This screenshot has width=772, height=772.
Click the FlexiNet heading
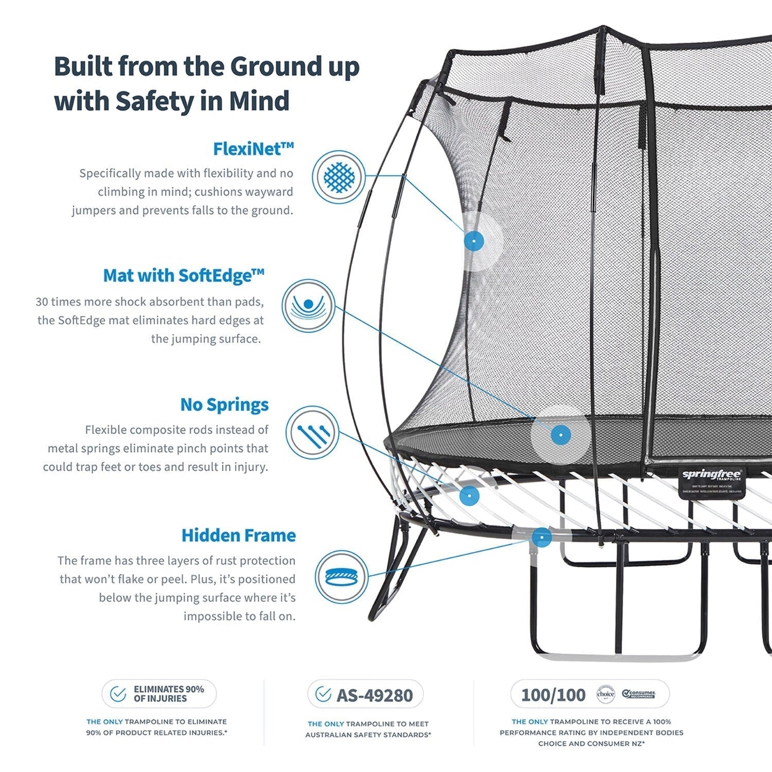tap(253, 149)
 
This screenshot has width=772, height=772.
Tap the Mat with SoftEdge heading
tap(183, 276)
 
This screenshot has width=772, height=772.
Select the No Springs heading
tap(224, 404)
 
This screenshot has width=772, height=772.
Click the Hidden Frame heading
tap(238, 535)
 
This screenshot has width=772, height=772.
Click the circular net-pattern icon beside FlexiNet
tap(339, 177)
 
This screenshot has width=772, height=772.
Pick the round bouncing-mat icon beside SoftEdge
tap(308, 306)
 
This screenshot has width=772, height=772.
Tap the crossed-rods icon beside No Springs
tap(311, 433)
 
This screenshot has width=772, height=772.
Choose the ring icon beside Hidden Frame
tap(341, 577)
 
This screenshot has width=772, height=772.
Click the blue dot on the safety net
tap(474, 241)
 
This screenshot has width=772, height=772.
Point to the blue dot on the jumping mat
tap(560, 435)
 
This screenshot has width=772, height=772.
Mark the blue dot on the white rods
tap(469, 496)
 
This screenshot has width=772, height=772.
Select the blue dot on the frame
tap(542, 537)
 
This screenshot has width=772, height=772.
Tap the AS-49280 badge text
tap(375, 695)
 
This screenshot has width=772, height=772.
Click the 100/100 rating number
tap(553, 695)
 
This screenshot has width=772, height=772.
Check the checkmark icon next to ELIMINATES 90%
tap(118, 694)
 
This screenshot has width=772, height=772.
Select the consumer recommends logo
tap(638, 694)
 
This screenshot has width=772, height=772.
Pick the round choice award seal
tap(605, 694)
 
